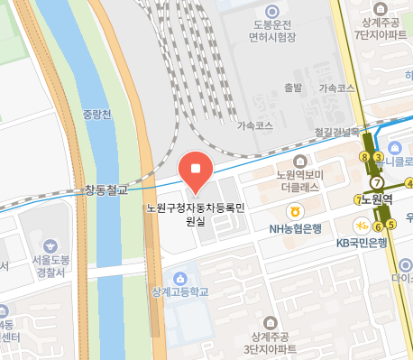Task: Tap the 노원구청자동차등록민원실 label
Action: tap(196, 214)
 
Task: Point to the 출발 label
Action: tap(292, 88)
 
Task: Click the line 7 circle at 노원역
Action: tap(378, 181)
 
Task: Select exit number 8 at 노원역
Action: tap(364, 157)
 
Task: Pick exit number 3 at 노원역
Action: tap(379, 157)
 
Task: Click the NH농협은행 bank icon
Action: tap(294, 211)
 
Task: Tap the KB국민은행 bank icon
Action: tap(358, 226)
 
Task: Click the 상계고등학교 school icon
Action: tap(183, 276)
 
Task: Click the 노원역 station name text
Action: tap(376, 200)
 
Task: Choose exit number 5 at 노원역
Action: tap(391, 224)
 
